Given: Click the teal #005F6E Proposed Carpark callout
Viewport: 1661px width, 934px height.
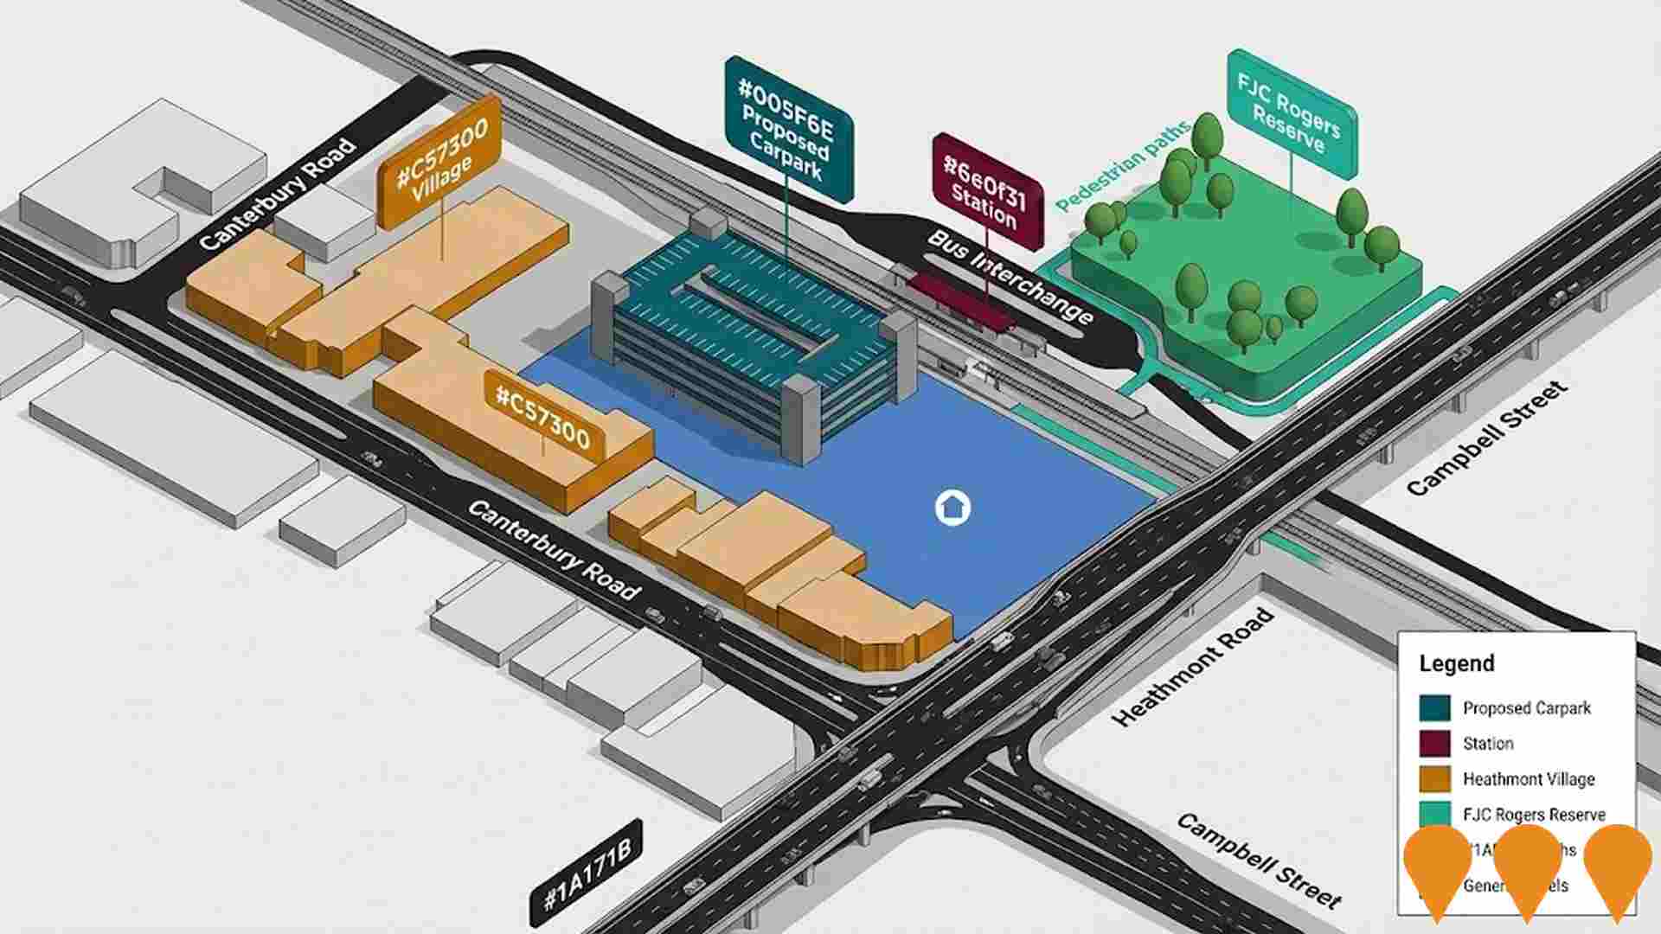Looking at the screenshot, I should [x=788, y=128].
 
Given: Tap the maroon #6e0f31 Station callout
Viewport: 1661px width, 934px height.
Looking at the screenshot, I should [x=987, y=192].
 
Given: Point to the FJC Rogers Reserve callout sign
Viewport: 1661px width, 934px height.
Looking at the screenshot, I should [x=1290, y=113].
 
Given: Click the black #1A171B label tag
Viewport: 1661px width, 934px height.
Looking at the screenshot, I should [x=587, y=873].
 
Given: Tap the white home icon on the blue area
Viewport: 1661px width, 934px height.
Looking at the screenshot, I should [x=952, y=508].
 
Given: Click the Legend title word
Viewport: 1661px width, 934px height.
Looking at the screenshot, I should [x=1456, y=663].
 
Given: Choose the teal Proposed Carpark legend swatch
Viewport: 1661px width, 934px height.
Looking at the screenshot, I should [x=1434, y=707].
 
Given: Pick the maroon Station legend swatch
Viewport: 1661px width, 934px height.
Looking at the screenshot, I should [x=1434, y=743].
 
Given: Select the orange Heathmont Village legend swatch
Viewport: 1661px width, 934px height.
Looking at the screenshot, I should [x=1434, y=778].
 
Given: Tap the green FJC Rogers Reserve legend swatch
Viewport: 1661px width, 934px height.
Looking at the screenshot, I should [x=1434, y=814].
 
